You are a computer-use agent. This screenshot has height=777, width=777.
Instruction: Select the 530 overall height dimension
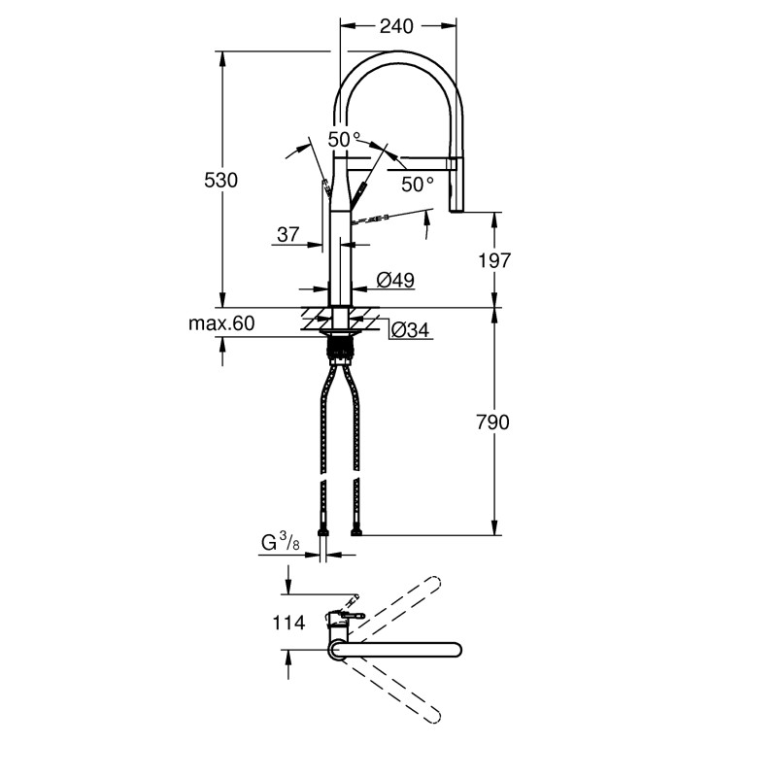220,180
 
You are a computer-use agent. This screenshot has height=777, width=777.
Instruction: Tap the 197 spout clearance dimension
495,259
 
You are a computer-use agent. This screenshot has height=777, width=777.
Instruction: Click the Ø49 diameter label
395,281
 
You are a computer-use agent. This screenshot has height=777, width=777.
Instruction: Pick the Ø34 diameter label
411,331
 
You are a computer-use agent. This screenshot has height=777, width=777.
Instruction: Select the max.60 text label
221,323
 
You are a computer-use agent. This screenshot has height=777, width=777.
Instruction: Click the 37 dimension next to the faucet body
288,234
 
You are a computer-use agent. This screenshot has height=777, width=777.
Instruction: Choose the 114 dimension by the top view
290,624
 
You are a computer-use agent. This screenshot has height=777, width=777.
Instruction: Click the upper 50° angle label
344,140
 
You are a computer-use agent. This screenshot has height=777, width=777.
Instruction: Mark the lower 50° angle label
418,184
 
